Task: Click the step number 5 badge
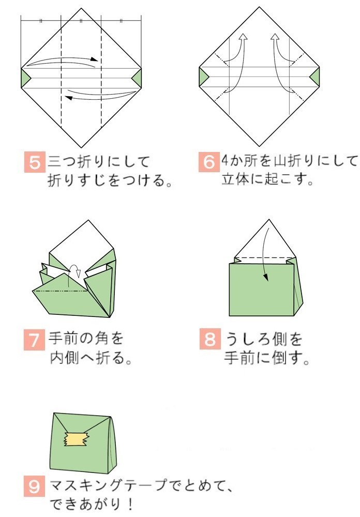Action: point(35,162)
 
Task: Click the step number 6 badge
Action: point(209,162)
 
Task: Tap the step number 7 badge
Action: point(34,340)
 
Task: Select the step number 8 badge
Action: point(210,339)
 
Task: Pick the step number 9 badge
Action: point(34,486)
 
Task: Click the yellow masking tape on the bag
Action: point(77,438)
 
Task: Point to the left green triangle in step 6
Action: point(204,77)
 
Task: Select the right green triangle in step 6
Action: point(315,77)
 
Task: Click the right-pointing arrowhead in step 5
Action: point(94,59)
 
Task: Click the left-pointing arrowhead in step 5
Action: point(69,97)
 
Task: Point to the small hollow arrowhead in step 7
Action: point(78,273)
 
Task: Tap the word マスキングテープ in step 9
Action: point(108,485)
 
